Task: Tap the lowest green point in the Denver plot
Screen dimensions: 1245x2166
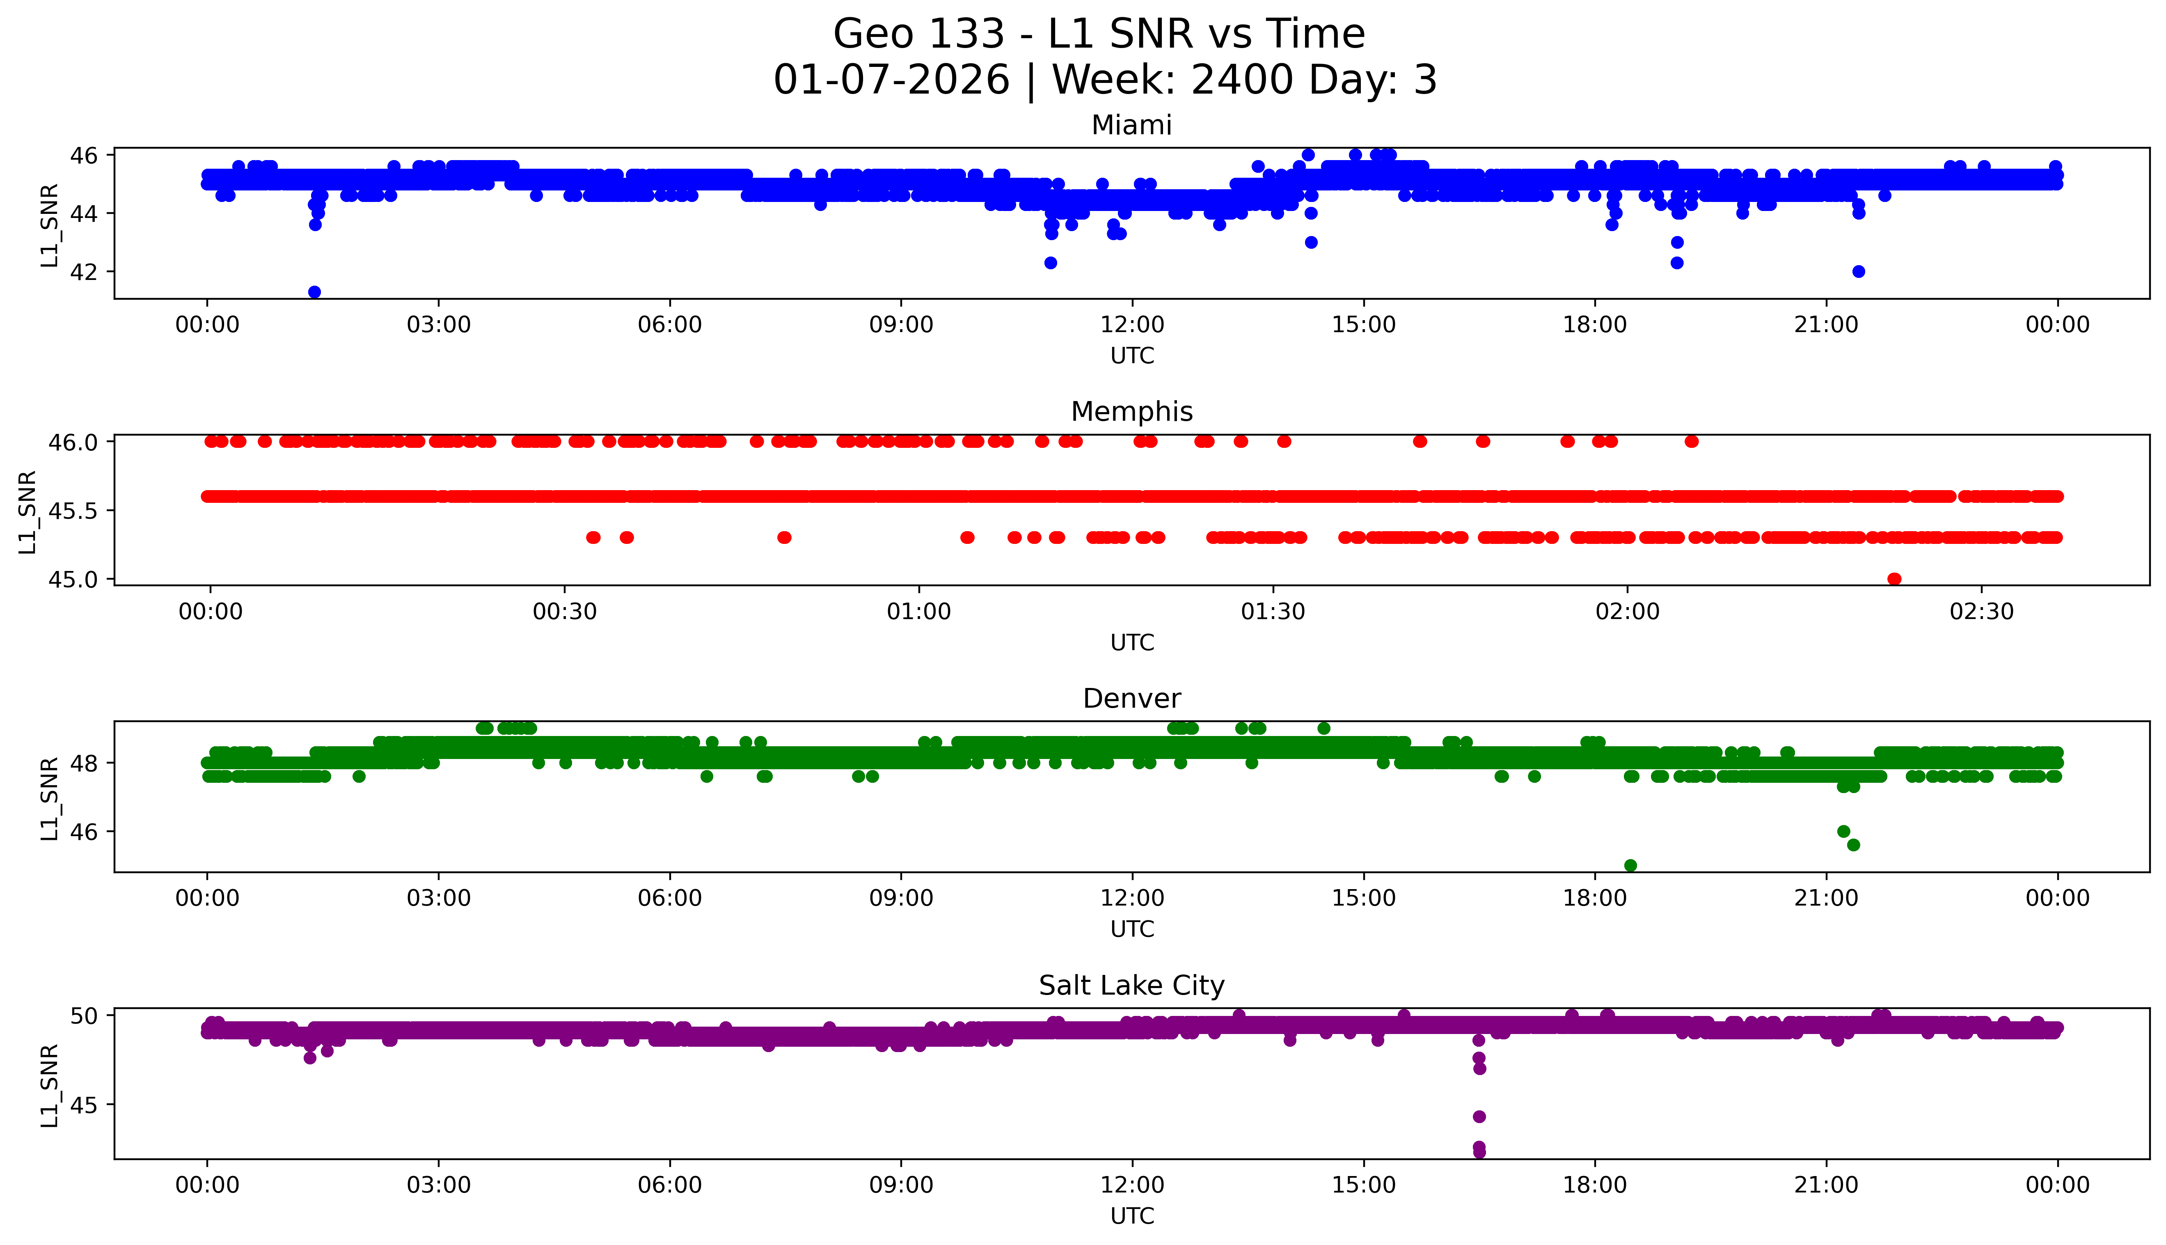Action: (x=1630, y=865)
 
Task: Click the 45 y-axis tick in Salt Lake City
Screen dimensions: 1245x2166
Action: (x=88, y=1105)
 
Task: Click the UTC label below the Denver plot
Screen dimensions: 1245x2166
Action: (x=1132, y=929)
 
